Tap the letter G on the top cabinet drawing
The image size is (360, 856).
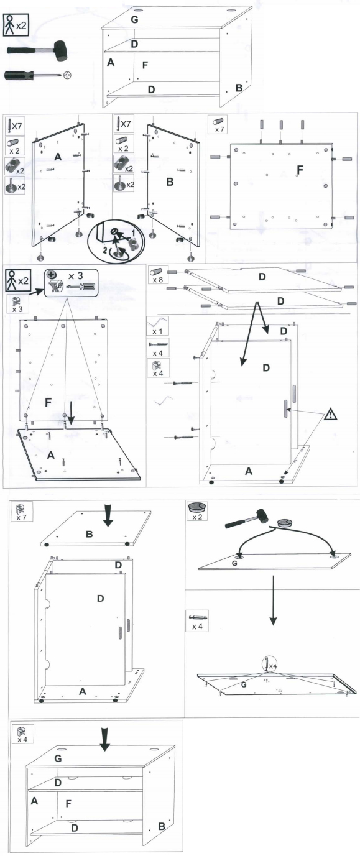134,19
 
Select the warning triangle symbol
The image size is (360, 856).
331,414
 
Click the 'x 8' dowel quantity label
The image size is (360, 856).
158,280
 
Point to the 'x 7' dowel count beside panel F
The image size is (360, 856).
219,129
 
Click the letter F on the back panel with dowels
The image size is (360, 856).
300,170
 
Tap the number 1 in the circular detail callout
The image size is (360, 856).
134,232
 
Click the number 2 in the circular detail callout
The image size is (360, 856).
104,251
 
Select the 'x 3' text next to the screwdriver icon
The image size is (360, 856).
76,275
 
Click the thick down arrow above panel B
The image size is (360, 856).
109,515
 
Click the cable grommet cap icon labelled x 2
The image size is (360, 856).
198,507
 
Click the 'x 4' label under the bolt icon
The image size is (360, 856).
197,627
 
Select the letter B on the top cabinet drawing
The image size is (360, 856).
239,88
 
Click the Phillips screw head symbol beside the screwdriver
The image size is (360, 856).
68,75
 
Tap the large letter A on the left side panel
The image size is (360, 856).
58,157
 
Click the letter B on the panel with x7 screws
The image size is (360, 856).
170,182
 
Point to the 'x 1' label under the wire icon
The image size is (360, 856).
157,331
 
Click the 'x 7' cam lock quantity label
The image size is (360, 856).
21,517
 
